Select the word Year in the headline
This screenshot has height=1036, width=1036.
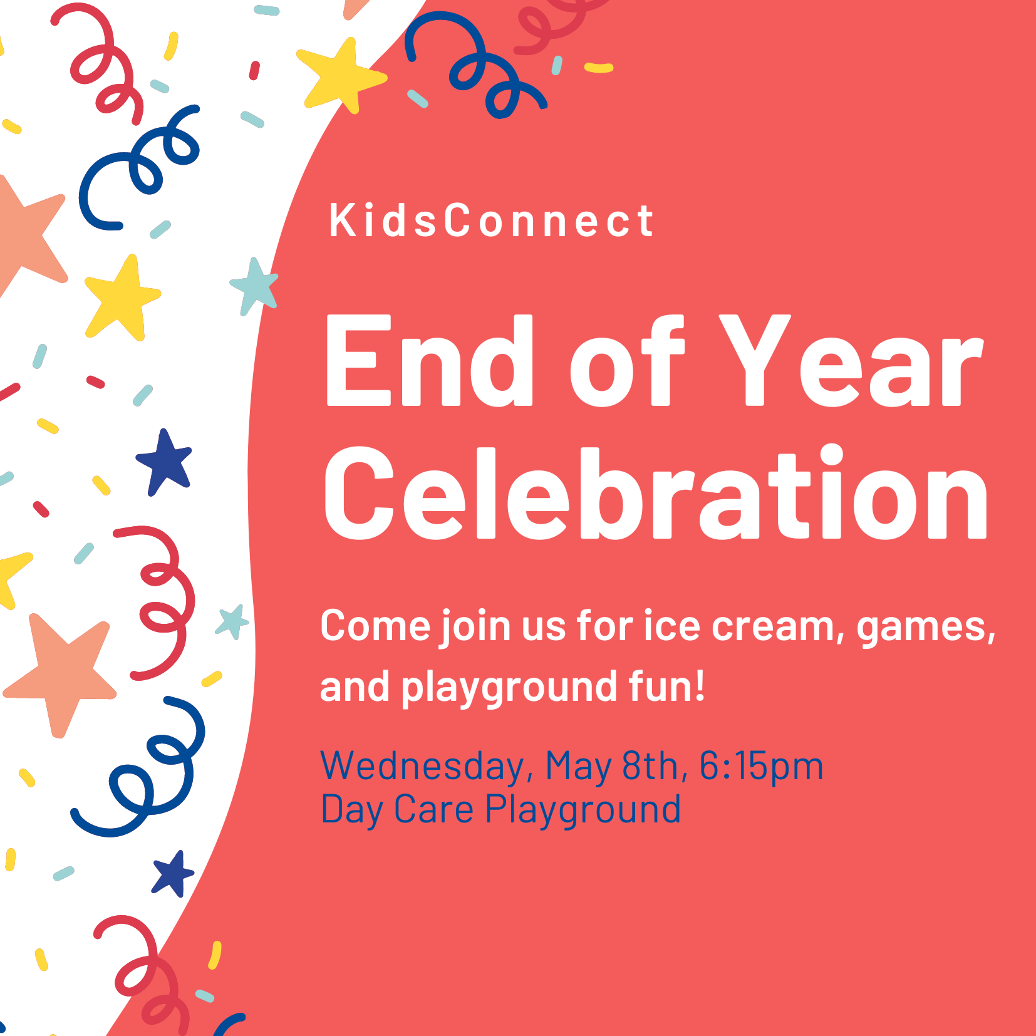[x=850, y=360]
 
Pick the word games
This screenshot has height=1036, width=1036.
[x=926, y=628]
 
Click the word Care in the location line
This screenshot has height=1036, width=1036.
[x=433, y=809]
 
